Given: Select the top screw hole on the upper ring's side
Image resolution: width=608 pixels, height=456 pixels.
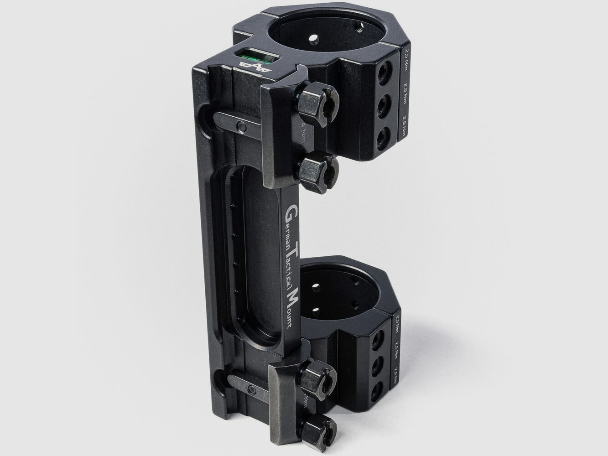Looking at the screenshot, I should [x=385, y=70].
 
